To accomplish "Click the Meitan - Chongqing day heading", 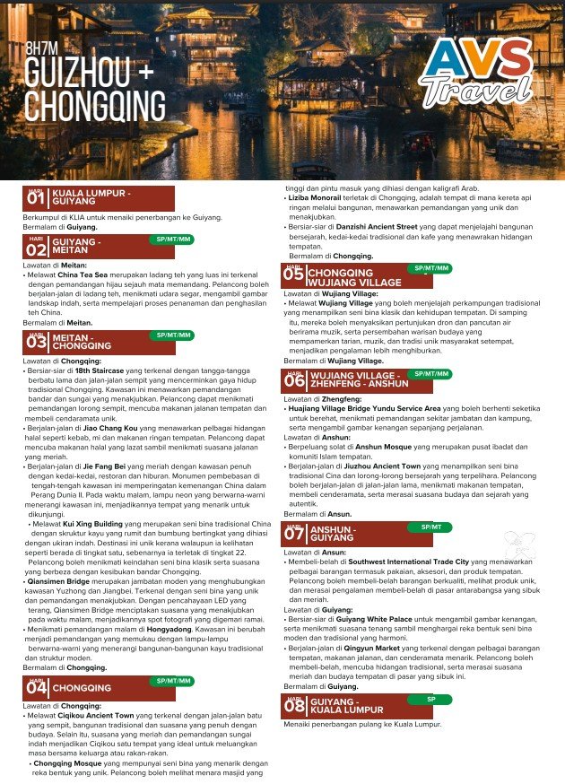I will click(82, 341).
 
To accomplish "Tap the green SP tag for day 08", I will click(431, 699).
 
